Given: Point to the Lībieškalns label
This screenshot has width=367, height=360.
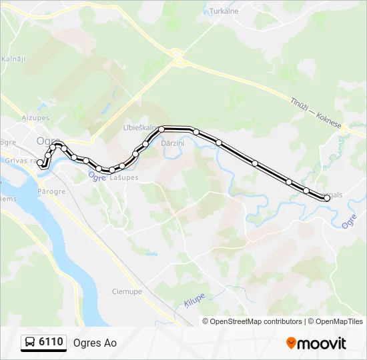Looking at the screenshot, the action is point(139,127).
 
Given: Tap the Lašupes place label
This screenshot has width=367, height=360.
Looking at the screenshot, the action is point(125,177).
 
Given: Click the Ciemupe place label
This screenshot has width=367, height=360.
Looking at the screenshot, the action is point(125,291).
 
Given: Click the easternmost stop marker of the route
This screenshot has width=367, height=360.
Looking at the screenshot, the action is point(327,198).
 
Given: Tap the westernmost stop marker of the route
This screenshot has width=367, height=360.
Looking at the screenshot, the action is point(40,162).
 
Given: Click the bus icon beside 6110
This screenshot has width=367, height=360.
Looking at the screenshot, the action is point(30,343).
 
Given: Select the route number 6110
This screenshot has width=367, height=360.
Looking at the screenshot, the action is point(51,343).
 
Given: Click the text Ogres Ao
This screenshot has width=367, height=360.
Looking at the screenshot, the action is point(95,343).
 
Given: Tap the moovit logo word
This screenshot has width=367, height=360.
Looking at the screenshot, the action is point(322,343).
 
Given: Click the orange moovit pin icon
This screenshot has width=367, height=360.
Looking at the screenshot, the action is point(291,343).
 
